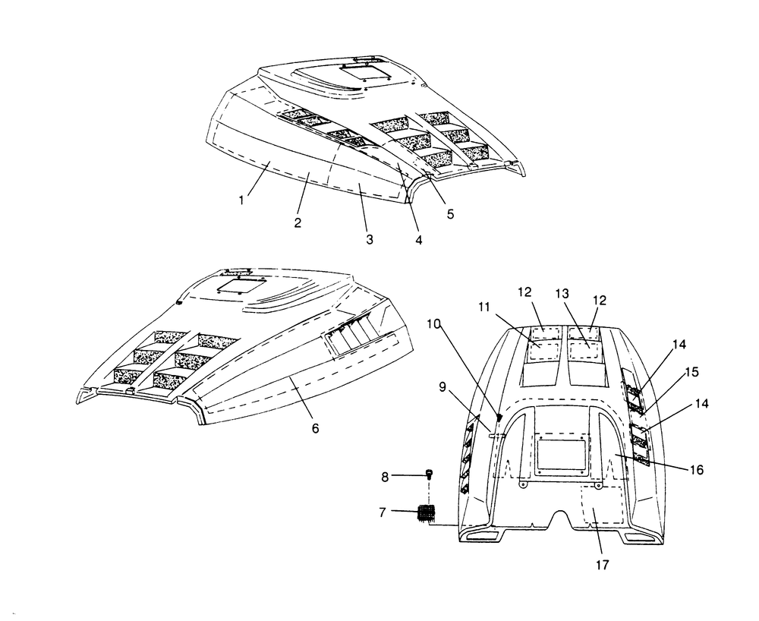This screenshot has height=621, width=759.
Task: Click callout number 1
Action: click(241, 200)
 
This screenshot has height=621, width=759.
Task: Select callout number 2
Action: click(298, 222)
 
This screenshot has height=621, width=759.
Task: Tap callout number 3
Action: click(370, 239)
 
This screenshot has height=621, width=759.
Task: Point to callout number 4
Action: click(419, 240)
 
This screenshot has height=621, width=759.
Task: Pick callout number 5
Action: click(451, 214)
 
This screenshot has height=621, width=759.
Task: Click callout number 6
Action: click(316, 428)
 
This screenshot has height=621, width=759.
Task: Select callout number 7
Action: click(383, 512)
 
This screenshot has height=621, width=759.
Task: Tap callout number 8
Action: click(385, 478)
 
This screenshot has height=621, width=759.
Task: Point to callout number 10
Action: click(433, 324)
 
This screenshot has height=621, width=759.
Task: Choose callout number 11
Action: click(484, 307)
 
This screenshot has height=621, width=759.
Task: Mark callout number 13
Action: click(562, 294)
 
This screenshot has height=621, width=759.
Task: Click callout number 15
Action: click(692, 372)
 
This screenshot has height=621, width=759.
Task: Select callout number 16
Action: click(696, 469)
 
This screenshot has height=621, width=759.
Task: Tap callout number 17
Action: click(603, 565)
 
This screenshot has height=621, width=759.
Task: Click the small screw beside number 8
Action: click(430, 474)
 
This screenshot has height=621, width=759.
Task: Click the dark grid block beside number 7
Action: click(427, 513)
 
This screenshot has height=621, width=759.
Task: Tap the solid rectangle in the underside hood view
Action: click(562, 455)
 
